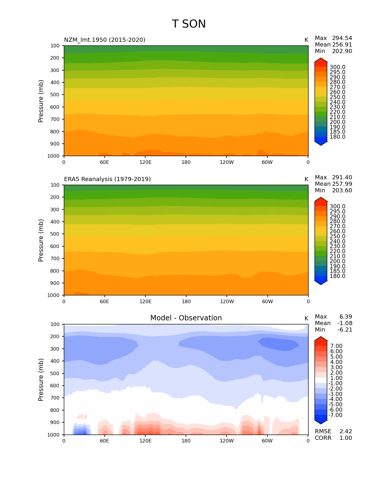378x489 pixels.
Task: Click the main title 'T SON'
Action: [x=189, y=24]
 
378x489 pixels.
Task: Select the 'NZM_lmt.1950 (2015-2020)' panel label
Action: [x=105, y=40]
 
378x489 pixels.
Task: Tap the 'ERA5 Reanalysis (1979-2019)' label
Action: [x=107, y=179]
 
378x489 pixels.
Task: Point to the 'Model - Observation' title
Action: [x=186, y=318]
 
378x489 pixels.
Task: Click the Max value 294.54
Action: [x=342, y=38]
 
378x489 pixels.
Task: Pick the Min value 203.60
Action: [x=342, y=191]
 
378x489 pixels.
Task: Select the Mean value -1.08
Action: [x=344, y=323]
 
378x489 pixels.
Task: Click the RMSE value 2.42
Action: [x=346, y=432]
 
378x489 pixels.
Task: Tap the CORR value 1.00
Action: [x=346, y=438]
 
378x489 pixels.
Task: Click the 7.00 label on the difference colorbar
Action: [x=336, y=346]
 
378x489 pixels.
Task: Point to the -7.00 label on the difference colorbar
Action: [x=336, y=415]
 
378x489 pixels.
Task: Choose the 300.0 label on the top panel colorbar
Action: [x=337, y=67]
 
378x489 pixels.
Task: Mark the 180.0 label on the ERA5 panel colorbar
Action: [x=337, y=276]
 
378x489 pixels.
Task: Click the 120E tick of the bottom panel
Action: [x=145, y=441]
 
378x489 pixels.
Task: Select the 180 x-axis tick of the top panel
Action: [x=186, y=162]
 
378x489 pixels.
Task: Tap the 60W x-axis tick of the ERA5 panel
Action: [x=267, y=302]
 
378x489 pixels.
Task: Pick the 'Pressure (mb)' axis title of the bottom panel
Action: [x=41, y=380]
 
